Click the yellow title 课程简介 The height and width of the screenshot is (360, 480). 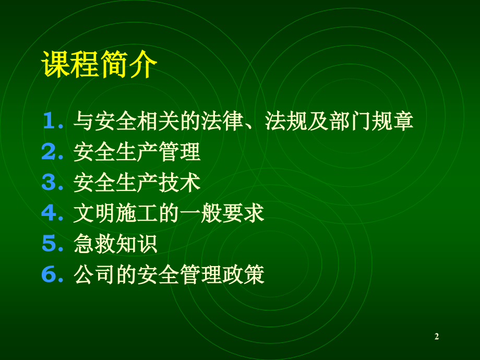(99, 64)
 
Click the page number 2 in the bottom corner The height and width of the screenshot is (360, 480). (437, 337)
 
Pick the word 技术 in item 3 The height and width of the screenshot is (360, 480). (184, 183)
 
